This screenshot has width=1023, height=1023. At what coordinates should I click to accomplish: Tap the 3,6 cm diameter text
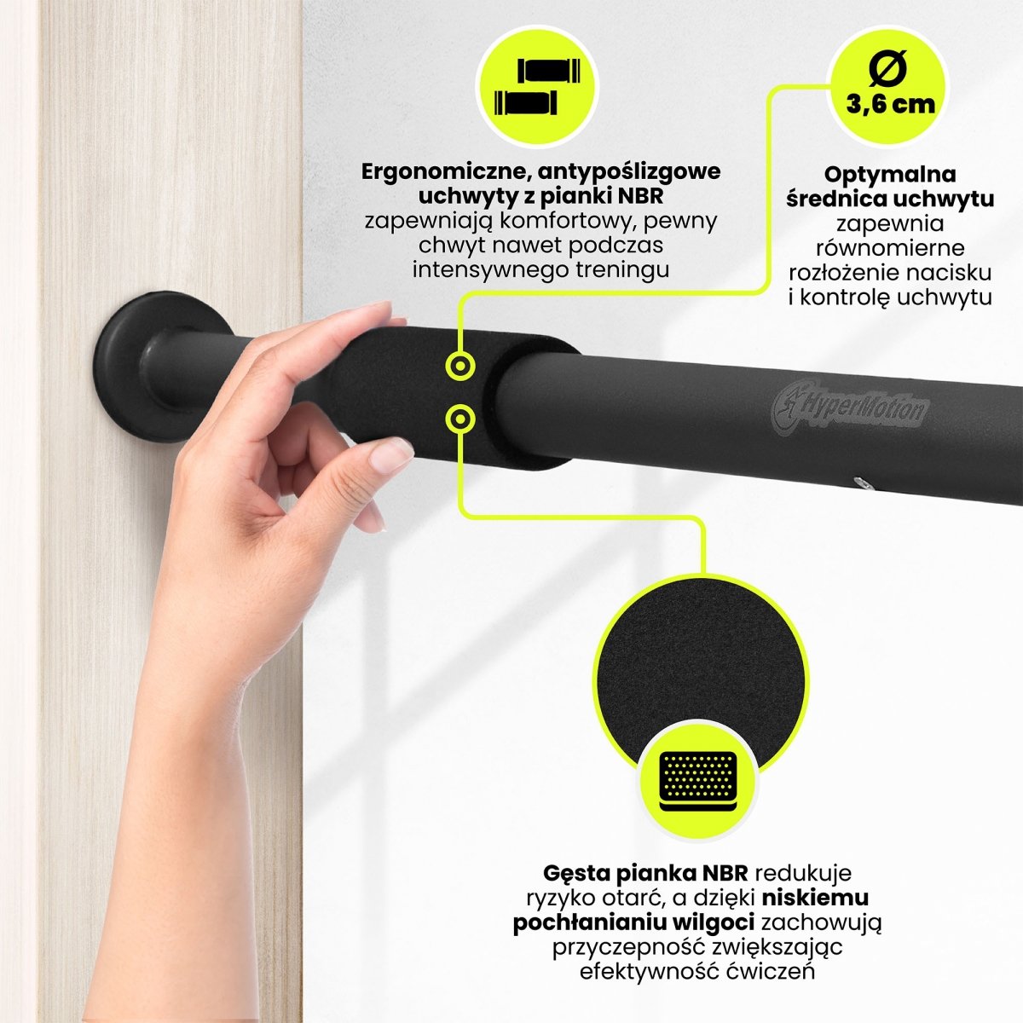[x=890, y=105]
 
